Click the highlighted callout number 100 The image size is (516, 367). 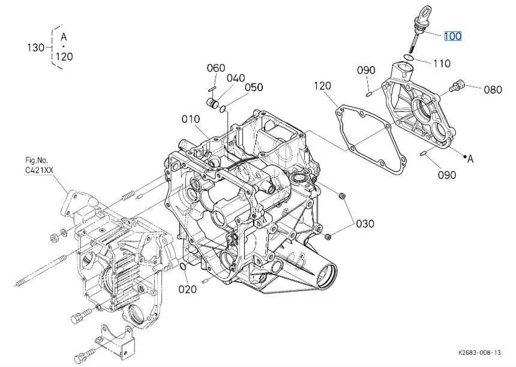(452, 37)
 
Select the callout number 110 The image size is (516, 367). (441, 63)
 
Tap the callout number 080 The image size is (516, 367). (493, 90)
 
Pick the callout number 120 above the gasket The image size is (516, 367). (322, 86)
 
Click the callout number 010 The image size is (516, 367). (191, 119)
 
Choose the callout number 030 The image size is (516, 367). (365, 224)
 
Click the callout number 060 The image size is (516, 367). (216, 68)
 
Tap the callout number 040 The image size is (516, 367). (236, 78)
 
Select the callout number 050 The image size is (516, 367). (253, 88)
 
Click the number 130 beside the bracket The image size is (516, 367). (37, 47)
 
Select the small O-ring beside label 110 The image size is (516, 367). (408, 57)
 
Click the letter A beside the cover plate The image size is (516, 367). (470, 159)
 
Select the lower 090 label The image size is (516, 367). (446, 175)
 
